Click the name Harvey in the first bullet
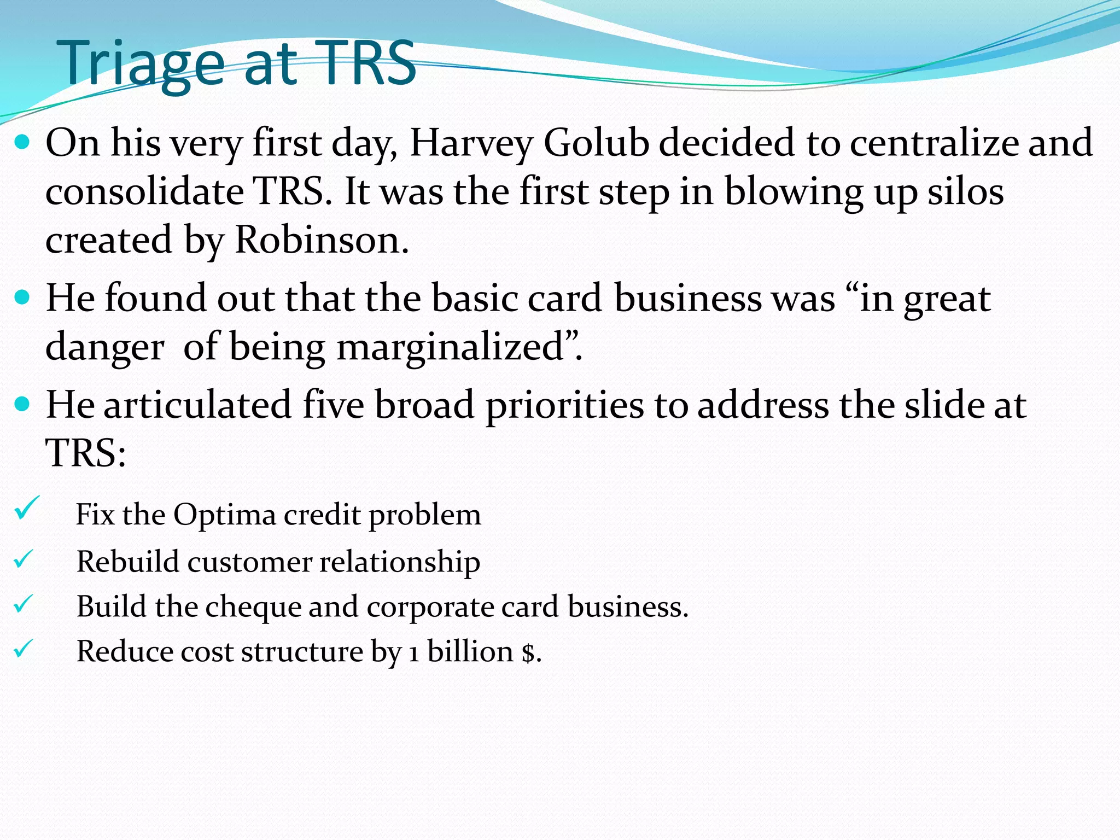click(471, 143)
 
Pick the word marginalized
click(451, 347)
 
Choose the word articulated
click(197, 405)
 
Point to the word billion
click(470, 651)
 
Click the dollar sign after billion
click(528, 652)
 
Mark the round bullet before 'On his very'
click(22, 143)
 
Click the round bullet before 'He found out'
click(22, 298)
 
